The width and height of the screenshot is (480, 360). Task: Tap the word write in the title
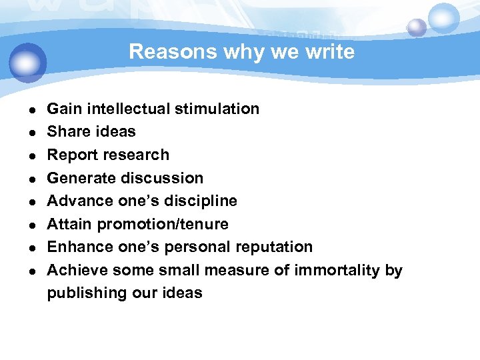(330, 52)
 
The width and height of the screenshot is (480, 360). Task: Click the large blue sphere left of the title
(28, 63)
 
